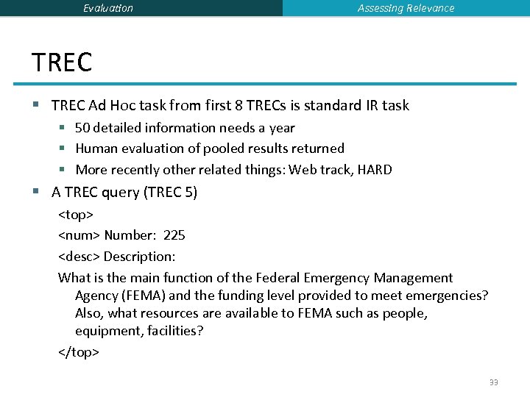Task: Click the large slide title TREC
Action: [62, 62]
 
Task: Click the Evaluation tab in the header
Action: [108, 8]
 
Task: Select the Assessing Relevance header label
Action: [406, 8]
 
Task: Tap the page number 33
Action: [493, 382]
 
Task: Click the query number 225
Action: [174, 235]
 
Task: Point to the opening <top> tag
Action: [76, 215]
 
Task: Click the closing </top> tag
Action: [79, 352]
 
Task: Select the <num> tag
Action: [79, 235]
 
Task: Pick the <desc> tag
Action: [79, 257]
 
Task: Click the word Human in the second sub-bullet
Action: [96, 149]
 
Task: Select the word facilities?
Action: [174, 331]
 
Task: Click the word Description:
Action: [139, 257]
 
